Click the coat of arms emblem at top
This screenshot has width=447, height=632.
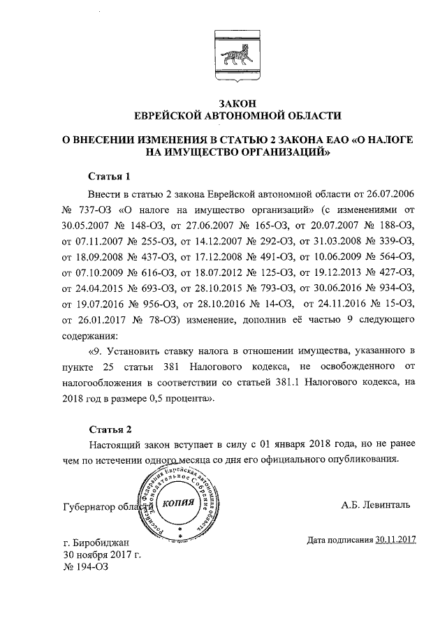point(224,51)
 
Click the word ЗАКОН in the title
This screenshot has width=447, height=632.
point(224,102)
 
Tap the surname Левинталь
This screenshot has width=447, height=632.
point(388,504)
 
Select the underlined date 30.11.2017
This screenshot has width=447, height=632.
point(395,539)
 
